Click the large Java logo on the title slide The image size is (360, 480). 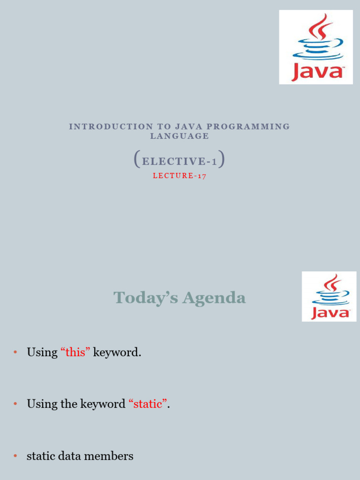[x=316, y=47]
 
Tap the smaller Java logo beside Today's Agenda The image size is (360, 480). [x=329, y=296]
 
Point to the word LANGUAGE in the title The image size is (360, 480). [x=180, y=136]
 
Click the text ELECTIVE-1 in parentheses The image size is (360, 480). [x=180, y=162]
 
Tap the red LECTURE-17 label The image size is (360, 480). [x=180, y=176]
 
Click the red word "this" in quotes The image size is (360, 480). [x=75, y=352]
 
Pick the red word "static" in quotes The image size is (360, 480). [x=148, y=404]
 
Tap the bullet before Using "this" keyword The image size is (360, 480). [x=15, y=352]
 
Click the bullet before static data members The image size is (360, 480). [x=15, y=456]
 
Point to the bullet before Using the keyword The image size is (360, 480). [x=15, y=404]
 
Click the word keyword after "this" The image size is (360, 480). [x=117, y=352]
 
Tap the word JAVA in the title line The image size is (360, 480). [x=189, y=127]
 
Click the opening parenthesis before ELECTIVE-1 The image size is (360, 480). [x=136, y=159]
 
